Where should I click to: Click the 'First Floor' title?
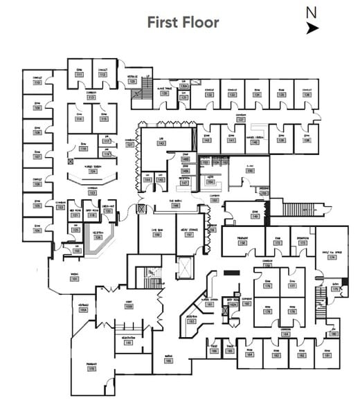pyautogui.click(x=183, y=22)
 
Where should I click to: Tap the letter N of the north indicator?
pyautogui.click(x=312, y=12)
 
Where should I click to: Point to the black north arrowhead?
pyautogui.click(x=313, y=28)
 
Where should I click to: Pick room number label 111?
pyautogui.click(x=80, y=74)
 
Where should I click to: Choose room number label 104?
pyautogui.click(x=37, y=230)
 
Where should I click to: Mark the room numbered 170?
pyautogui.click(x=91, y=370)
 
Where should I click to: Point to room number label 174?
pyautogui.click(x=332, y=257)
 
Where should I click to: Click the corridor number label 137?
pyautogui.click(x=241, y=119)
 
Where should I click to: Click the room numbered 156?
pyautogui.click(x=242, y=243)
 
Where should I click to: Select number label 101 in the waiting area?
pyautogui.click(x=74, y=279)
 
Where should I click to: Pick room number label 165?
pyautogui.click(x=230, y=352)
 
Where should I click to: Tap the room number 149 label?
pyautogui.click(x=255, y=217)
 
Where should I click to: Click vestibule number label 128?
pyautogui.click(x=132, y=82)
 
